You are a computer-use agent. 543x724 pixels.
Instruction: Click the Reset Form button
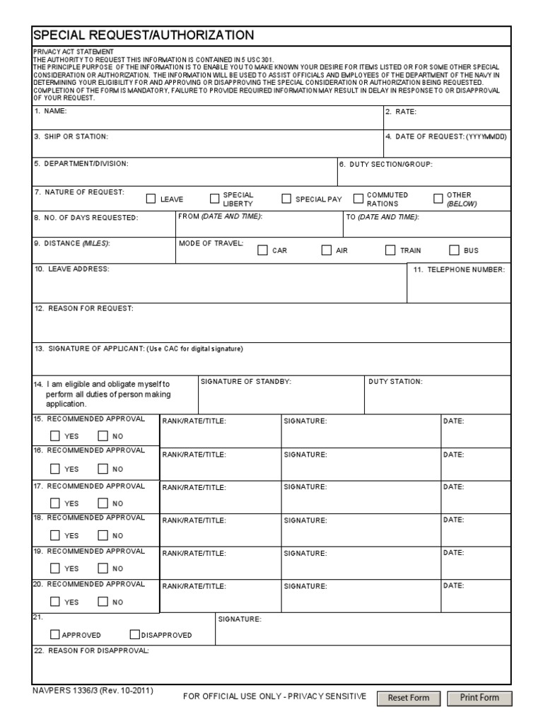[409, 698]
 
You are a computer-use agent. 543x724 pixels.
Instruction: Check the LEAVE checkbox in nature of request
[151, 199]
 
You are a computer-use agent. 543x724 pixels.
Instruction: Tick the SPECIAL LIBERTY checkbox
[215, 199]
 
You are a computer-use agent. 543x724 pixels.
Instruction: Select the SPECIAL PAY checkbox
[286, 199]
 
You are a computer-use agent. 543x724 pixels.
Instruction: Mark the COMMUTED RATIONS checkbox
[358, 199]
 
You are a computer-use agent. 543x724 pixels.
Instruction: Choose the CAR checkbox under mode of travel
[262, 250]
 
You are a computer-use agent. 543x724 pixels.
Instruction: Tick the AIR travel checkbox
[326, 250]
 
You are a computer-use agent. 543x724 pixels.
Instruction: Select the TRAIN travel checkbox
[390, 250]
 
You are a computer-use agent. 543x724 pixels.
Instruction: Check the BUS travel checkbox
[454, 250]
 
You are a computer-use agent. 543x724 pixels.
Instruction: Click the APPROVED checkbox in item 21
[56, 634]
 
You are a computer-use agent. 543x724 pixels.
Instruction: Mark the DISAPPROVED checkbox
[134, 634]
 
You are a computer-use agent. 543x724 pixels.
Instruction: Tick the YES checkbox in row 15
[56, 436]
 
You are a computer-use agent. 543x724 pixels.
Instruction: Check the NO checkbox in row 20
[103, 602]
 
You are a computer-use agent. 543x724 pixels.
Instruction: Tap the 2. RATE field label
[401, 112]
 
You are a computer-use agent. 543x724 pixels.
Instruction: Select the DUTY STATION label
[395, 382]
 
